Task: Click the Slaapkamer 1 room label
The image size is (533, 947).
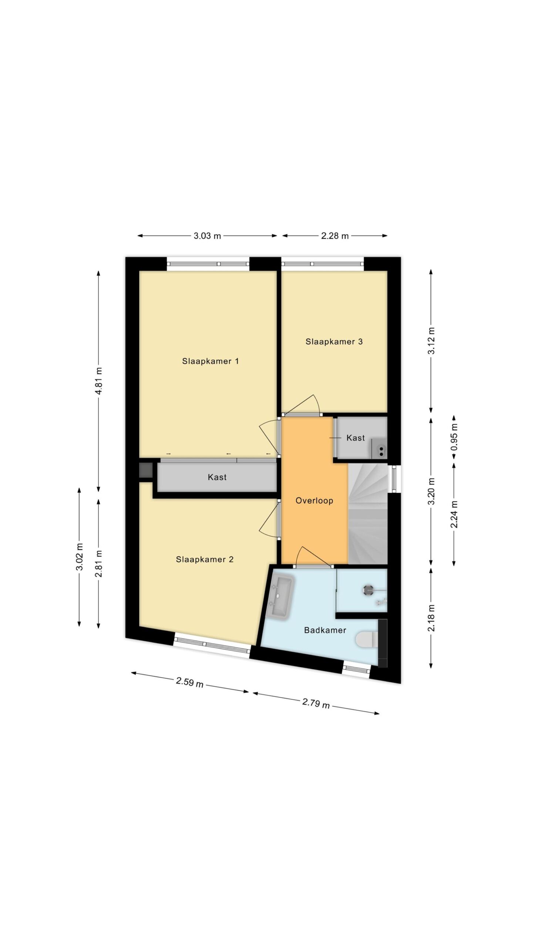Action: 210,361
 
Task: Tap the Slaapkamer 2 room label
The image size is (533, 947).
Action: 205,559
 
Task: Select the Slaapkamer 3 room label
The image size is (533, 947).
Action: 334,341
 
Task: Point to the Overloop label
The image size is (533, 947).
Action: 314,501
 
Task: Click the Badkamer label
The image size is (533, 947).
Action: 325,630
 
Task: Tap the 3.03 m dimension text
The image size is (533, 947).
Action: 207,236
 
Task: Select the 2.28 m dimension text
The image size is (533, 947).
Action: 335,236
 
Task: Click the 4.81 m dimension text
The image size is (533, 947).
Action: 99,381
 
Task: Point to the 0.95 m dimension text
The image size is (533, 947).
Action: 454,437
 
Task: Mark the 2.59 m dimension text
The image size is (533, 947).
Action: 190,682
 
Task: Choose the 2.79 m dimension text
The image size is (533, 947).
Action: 316,702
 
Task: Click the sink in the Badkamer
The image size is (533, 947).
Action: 280,597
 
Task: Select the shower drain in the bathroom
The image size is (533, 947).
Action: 369,590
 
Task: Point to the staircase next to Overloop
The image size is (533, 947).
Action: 368,514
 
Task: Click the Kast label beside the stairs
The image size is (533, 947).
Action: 356,438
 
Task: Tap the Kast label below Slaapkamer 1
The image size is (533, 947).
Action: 217,477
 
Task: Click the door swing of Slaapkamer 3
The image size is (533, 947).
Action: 302,404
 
